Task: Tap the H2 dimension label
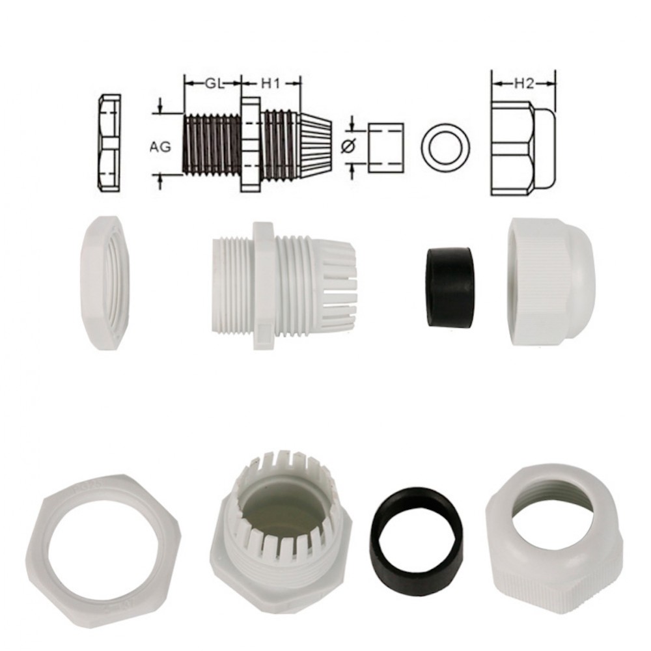tap(523, 83)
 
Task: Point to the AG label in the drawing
tap(160, 147)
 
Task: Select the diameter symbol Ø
tap(349, 148)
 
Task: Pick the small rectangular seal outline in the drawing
tap(385, 148)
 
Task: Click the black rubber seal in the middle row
tap(449, 286)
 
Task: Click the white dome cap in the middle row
tap(551, 281)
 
